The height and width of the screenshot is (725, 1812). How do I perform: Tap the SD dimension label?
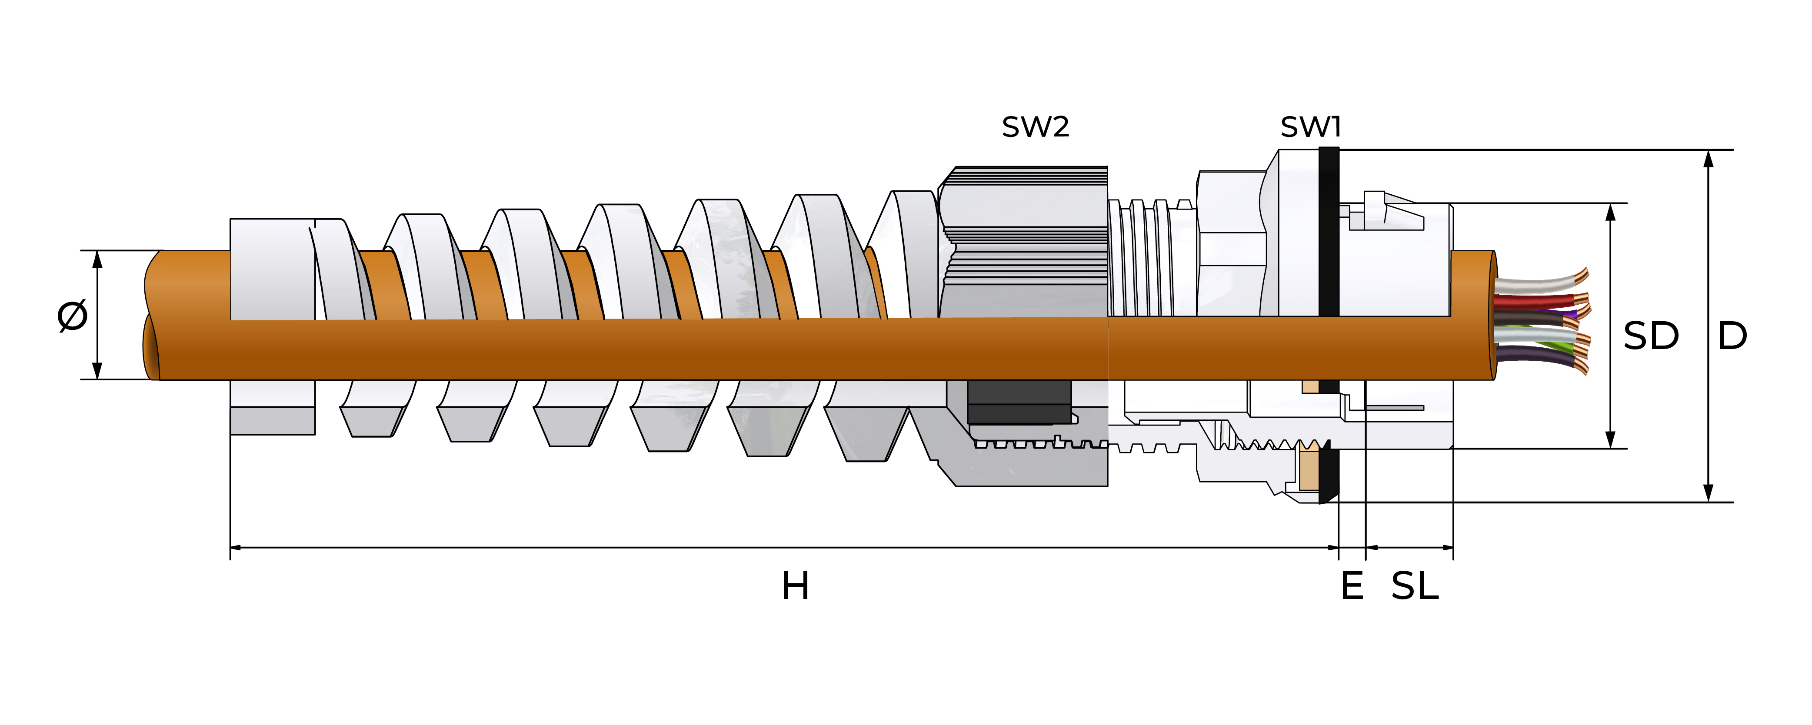coord(1650,336)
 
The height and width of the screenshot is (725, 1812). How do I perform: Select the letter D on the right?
coord(1732,336)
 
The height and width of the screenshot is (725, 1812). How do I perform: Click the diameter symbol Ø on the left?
coord(73,315)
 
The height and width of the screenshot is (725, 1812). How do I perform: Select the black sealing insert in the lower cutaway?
coord(1019,402)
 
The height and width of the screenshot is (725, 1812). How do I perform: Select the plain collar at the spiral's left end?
coord(272,269)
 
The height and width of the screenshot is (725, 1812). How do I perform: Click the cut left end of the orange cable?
coord(152,315)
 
